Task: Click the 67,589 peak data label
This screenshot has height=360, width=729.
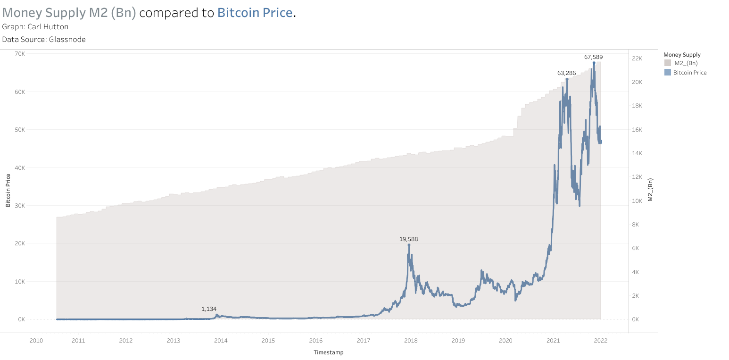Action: click(593, 57)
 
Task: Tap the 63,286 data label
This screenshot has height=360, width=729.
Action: click(566, 73)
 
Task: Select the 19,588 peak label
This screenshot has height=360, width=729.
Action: click(408, 239)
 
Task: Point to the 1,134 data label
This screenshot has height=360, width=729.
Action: click(209, 309)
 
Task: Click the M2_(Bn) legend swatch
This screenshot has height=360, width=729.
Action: click(667, 63)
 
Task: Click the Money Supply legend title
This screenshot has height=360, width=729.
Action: click(681, 55)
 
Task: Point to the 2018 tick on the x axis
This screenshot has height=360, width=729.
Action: click(411, 340)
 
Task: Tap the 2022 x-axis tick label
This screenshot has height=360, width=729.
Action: click(600, 340)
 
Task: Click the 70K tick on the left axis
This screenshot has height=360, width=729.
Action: click(19, 54)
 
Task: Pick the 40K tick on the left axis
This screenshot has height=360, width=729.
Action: click(19, 167)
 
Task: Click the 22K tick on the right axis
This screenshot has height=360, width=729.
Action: click(637, 58)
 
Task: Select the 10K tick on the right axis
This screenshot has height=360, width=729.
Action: click(637, 201)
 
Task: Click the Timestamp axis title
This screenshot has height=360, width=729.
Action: click(328, 352)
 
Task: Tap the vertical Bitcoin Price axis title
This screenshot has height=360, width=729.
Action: click(8, 191)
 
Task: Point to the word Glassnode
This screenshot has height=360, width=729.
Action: click(67, 40)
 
